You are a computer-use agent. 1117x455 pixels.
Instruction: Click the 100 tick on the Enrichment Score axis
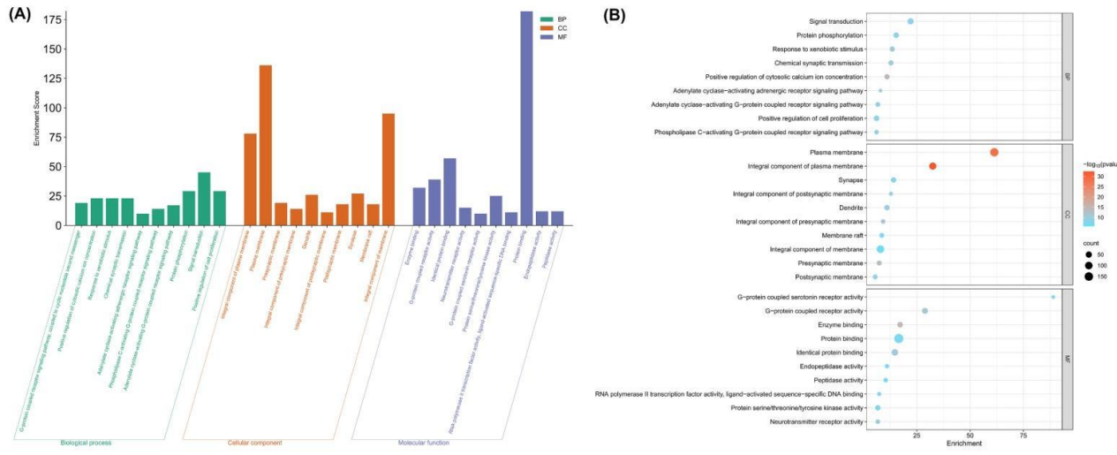click(55, 108)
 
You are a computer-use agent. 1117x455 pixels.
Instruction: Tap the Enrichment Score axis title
click(37, 118)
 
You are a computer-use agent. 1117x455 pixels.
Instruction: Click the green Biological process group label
click(86, 442)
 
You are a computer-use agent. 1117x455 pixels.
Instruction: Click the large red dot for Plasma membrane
click(994, 152)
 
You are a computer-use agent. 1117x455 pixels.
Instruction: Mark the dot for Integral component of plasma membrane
click(932, 166)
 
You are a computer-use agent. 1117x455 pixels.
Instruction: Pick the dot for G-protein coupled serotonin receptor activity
click(1053, 297)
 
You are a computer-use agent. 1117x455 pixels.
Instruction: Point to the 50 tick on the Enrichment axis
click(970, 436)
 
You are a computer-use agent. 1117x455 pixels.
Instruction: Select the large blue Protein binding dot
click(898, 338)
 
